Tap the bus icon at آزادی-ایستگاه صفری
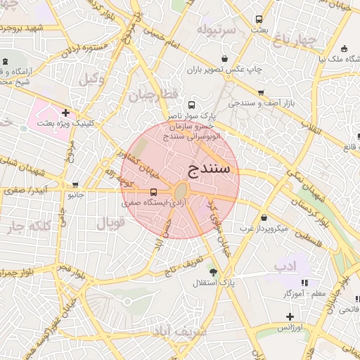(153, 192)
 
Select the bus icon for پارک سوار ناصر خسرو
(172, 105)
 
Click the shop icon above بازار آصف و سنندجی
(261, 93)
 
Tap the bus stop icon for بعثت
(259, 19)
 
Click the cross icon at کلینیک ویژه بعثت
(65, 112)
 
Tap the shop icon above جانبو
(75, 184)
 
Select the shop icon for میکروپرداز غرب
(264, 218)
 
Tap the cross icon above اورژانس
(289, 316)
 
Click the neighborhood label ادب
(305, 265)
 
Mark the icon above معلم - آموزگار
(285, 281)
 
